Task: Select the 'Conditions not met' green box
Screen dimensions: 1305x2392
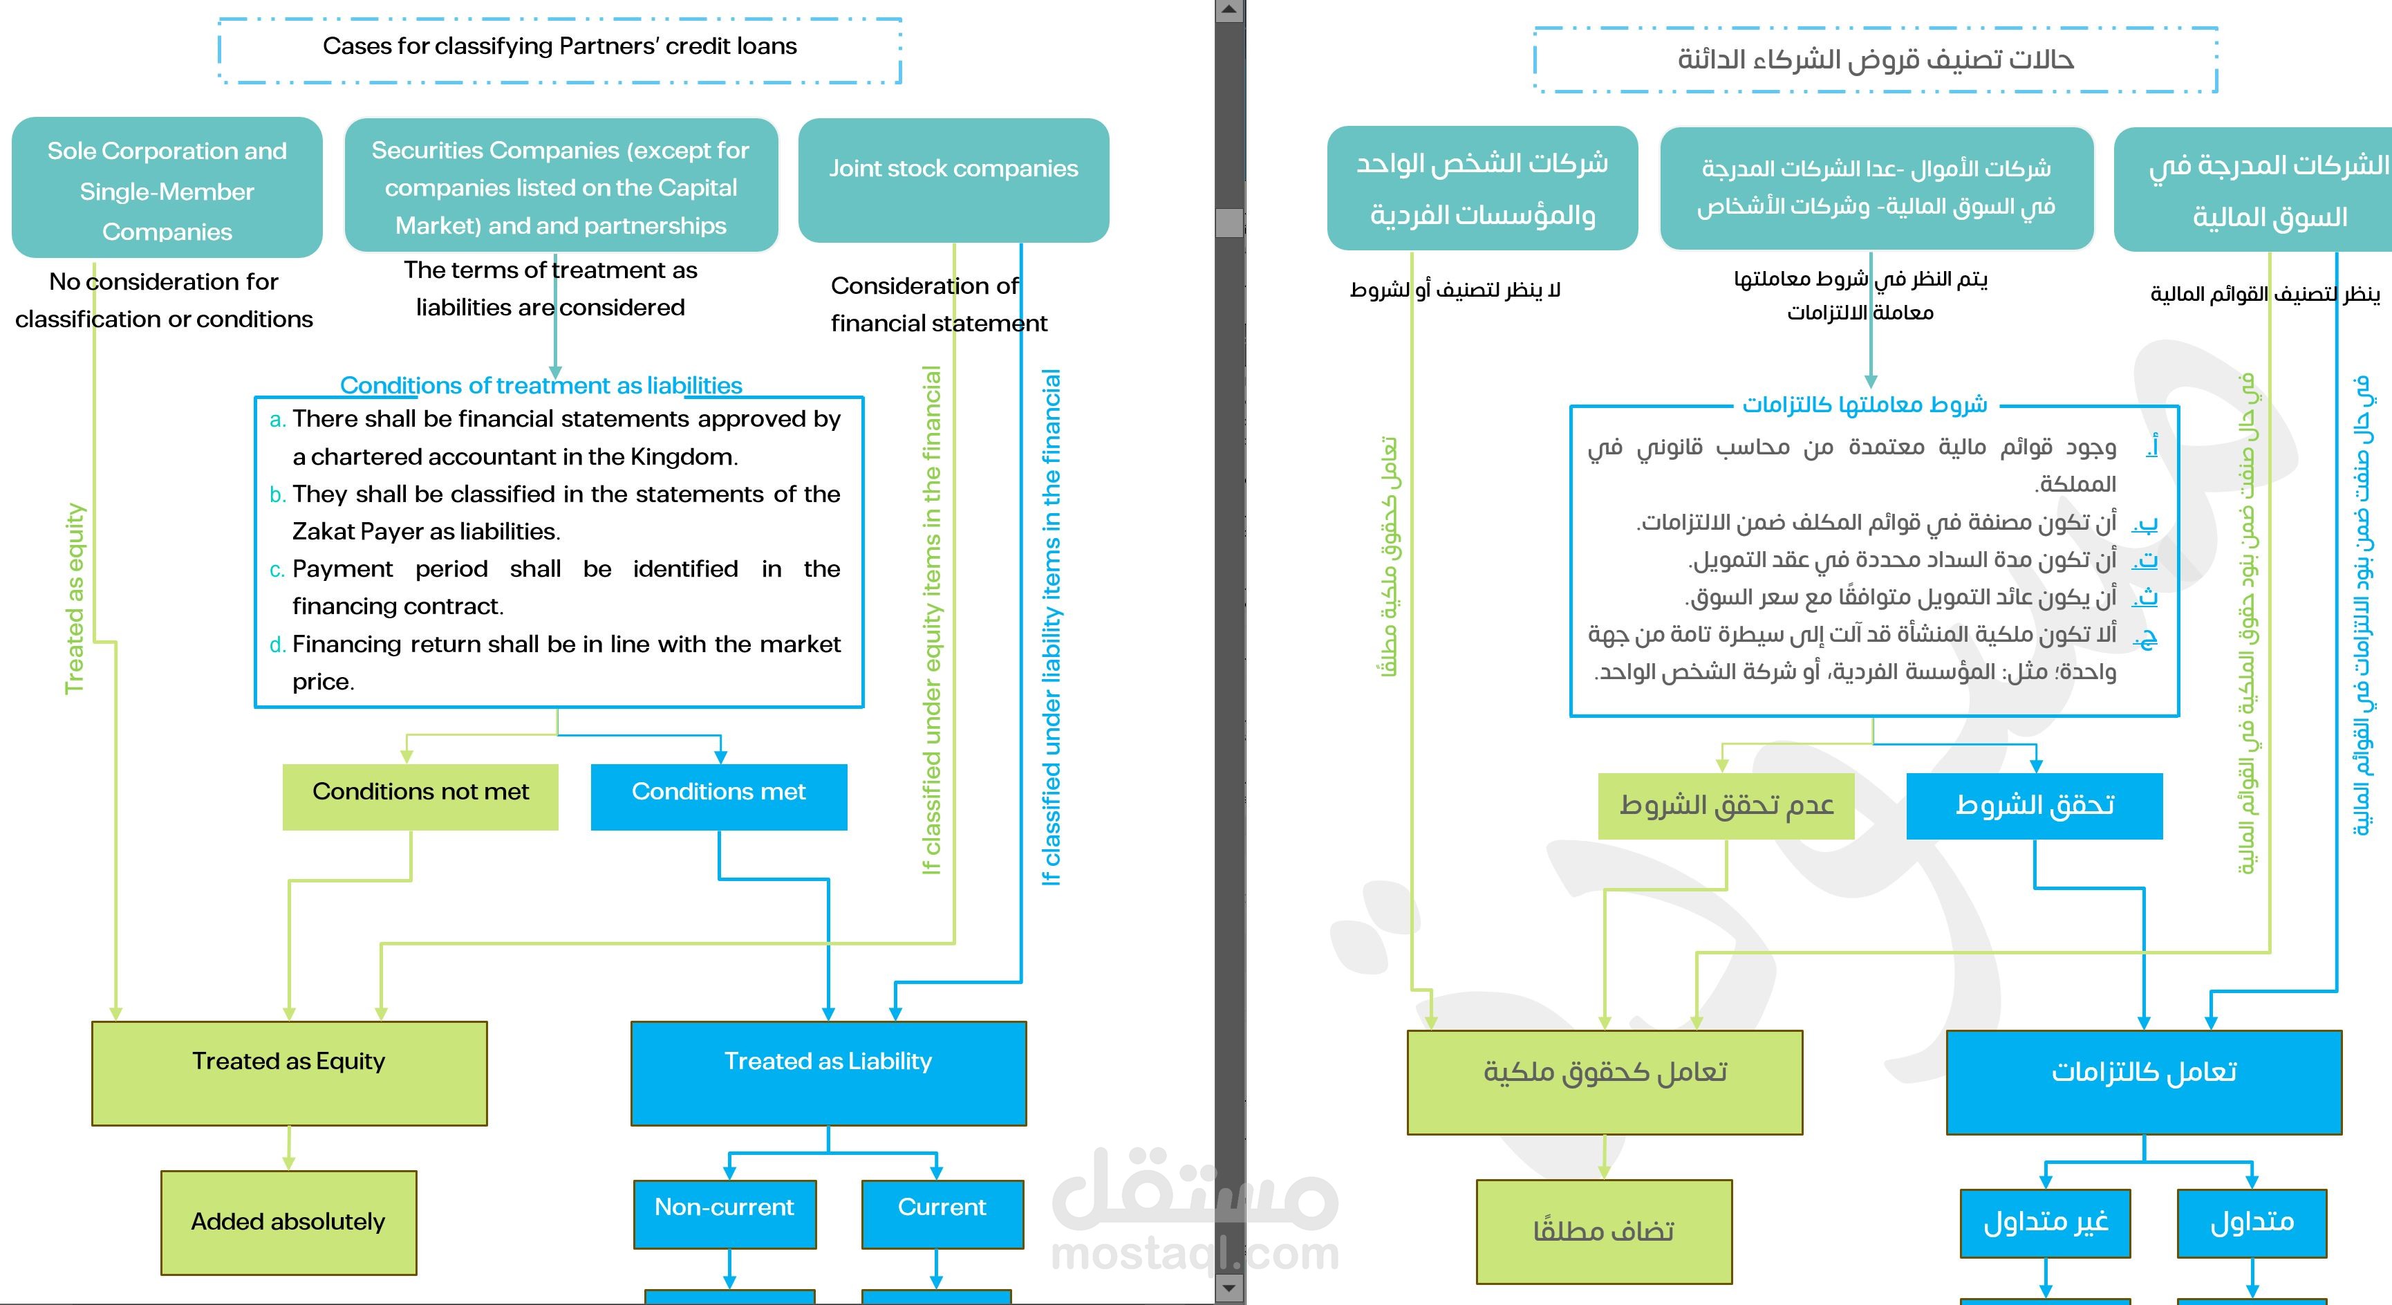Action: coord(420,796)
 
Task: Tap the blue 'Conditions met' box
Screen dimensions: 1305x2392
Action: coord(719,796)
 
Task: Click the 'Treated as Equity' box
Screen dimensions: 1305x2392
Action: coord(289,1073)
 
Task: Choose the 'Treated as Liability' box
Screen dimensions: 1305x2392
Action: coord(828,1073)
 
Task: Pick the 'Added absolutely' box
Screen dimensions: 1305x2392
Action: coord(289,1221)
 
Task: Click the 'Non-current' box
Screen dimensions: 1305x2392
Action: coord(725,1213)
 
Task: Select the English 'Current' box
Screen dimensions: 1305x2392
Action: coord(942,1213)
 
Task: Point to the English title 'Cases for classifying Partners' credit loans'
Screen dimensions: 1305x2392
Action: coord(559,47)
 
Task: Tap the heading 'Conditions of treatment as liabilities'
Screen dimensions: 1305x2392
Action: coord(541,385)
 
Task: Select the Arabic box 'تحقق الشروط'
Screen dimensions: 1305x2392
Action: coord(2035,805)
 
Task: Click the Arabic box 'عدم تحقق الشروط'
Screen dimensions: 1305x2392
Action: coord(1726,805)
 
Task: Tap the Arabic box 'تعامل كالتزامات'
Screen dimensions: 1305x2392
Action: coord(2143,1081)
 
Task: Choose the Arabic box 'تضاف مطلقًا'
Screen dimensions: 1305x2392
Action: coord(1604,1232)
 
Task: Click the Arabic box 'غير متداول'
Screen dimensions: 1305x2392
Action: coord(2045,1222)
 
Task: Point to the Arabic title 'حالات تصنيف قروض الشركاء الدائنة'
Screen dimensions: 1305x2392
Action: coord(1875,60)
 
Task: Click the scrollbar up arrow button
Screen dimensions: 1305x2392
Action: coord(1229,10)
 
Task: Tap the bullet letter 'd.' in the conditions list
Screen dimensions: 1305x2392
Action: coord(277,645)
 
